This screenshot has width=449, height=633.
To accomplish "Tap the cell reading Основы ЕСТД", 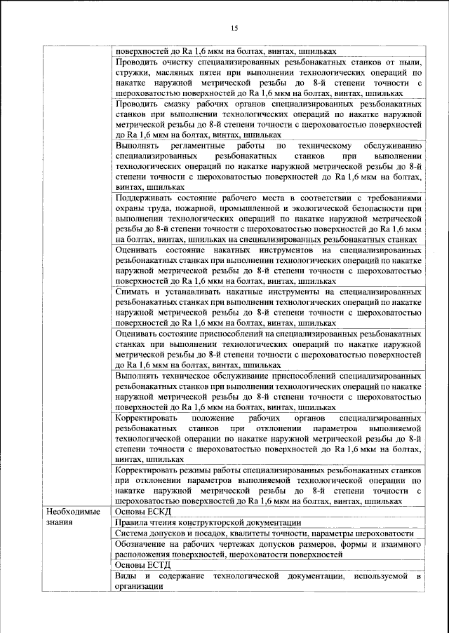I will (138, 564).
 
